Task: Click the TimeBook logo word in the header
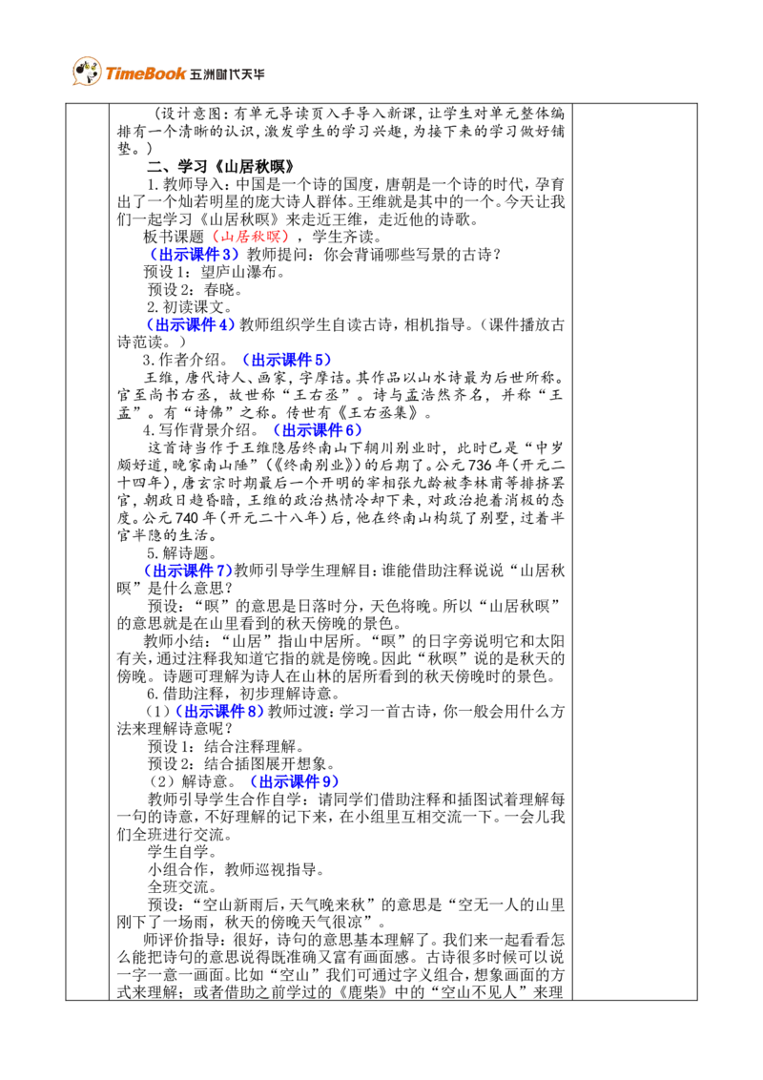click(145, 73)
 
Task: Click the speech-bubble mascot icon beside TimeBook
click(87, 71)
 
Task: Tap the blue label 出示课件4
click(191, 325)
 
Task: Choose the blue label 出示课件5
click(286, 361)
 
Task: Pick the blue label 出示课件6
click(318, 430)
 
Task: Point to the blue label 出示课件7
click(188, 571)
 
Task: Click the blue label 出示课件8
click(220, 712)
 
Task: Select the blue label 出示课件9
click(295, 781)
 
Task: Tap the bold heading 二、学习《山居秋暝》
click(220, 167)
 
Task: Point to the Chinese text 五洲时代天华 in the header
click(227, 74)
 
